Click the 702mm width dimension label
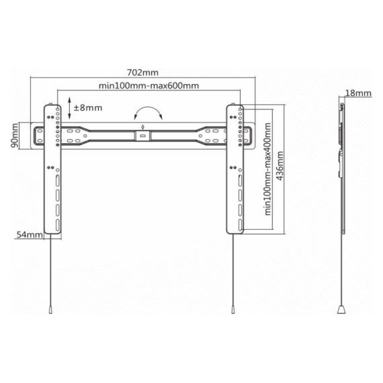coord(142,73)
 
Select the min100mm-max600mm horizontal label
coord(148,86)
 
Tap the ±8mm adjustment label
coord(90,107)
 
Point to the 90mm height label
coord(15,136)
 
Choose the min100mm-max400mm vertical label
coord(267,169)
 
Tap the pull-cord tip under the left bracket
coord(51,310)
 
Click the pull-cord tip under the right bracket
coord(233,310)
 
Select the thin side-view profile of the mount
coord(342,168)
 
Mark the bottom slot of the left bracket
coord(56,225)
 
